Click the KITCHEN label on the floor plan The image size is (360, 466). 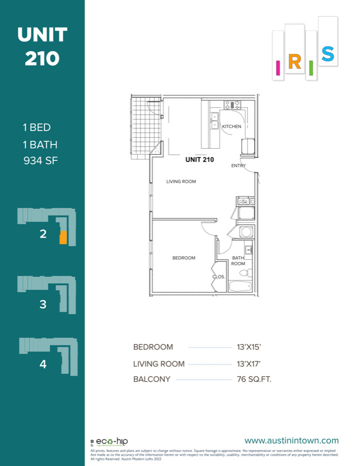pyautogui.click(x=232, y=126)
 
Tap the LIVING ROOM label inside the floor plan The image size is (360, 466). pyautogui.click(x=181, y=182)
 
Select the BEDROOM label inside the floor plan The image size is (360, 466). pyautogui.click(x=184, y=258)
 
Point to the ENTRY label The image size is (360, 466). pyautogui.click(x=238, y=166)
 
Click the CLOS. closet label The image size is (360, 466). pyautogui.click(x=219, y=276)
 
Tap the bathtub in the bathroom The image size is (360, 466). pyautogui.click(x=239, y=286)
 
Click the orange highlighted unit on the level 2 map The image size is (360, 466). pyautogui.click(x=63, y=238)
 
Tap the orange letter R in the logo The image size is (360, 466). pyautogui.click(x=294, y=62)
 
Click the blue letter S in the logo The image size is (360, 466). pyautogui.click(x=327, y=54)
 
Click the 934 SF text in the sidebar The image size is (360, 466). pyautogui.click(x=40, y=160)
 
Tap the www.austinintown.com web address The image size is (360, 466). pyautogui.click(x=292, y=441)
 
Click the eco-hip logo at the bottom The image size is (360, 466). pyautogui.click(x=109, y=442)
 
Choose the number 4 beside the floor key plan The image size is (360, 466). pyautogui.click(x=43, y=365)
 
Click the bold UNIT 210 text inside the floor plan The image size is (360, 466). pyautogui.click(x=199, y=160)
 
